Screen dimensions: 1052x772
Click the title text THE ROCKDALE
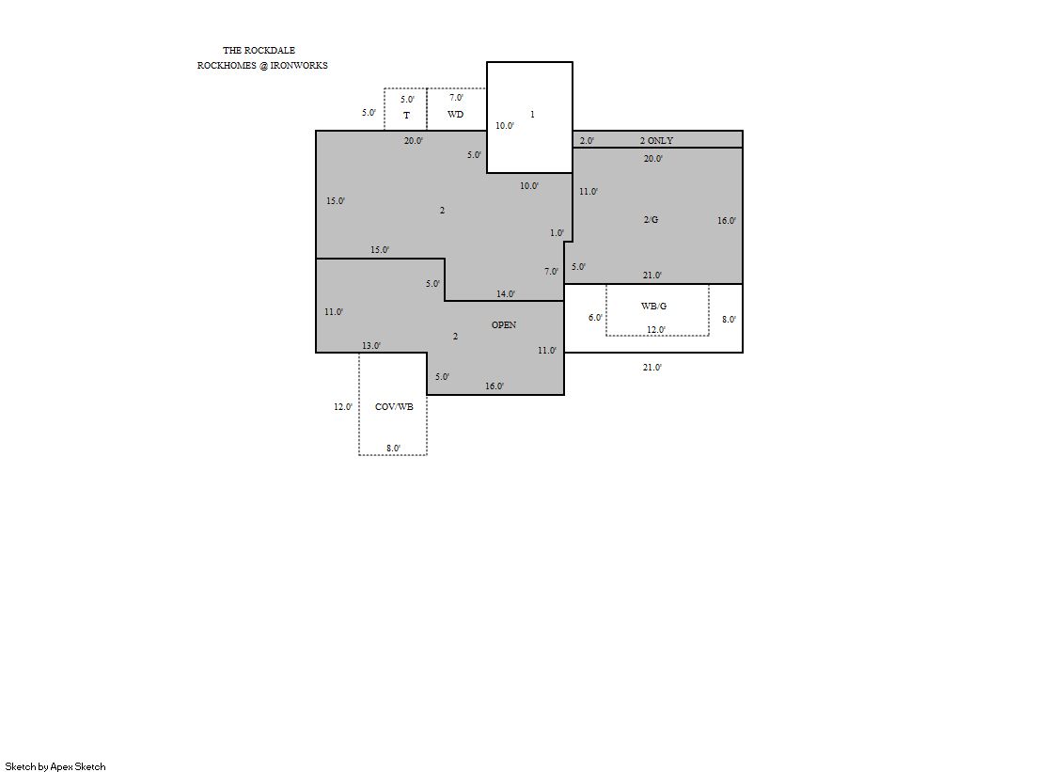259,51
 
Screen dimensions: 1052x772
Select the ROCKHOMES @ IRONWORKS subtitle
262,65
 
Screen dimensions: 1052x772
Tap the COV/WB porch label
394,407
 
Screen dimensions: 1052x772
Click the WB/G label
653,307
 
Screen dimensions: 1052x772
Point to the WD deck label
456,114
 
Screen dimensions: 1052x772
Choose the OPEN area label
504,325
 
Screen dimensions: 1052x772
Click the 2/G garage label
651,219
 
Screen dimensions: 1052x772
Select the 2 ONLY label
656,140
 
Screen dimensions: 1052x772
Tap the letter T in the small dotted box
406,116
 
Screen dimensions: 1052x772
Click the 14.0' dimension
506,293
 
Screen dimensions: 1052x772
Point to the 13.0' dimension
371,346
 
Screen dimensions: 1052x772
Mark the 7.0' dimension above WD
456,98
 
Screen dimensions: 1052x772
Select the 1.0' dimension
557,233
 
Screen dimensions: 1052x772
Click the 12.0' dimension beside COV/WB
343,407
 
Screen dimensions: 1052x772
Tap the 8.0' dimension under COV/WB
393,448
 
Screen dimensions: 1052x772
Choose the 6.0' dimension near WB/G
595,318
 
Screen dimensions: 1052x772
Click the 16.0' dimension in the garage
727,220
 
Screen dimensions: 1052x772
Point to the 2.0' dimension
587,140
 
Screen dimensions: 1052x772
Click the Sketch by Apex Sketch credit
55,766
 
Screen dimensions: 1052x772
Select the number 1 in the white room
533,114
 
